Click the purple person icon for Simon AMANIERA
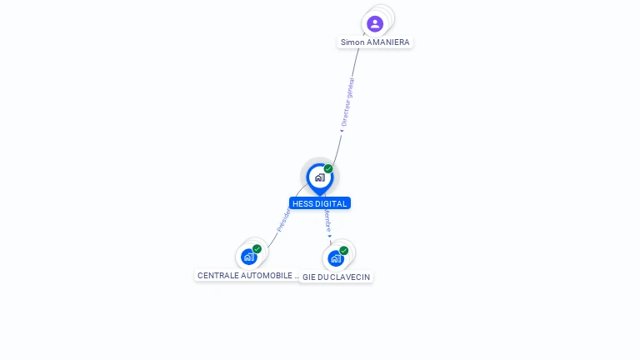375,23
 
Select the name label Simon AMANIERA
375,42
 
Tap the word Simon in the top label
352,42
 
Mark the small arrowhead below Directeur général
342,130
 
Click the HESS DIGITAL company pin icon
319,177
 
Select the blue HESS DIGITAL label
320,203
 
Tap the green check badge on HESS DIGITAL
328,168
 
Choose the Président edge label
284,220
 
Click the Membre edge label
327,221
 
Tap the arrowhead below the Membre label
330,236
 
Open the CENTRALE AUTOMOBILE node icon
248,257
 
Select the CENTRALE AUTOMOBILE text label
247,275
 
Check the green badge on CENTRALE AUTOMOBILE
257,249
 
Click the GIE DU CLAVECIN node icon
336,258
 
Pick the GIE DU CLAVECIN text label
337,277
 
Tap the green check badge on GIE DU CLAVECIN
344,250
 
